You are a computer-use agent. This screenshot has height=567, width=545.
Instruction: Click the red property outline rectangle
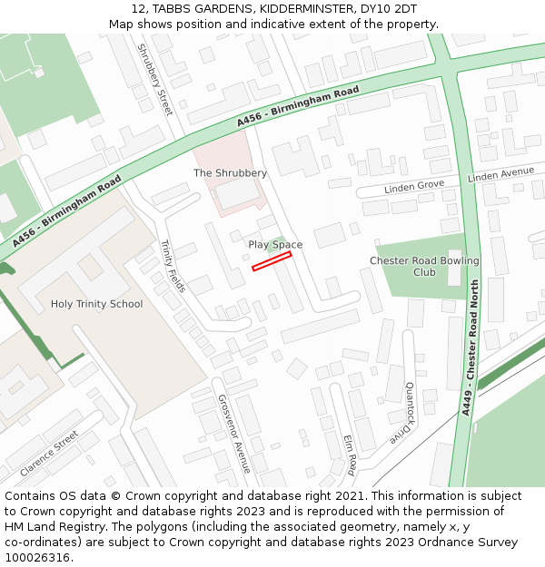[272, 261]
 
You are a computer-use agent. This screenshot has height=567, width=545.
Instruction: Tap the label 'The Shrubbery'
[230, 172]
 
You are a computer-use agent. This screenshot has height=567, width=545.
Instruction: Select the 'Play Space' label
[275, 245]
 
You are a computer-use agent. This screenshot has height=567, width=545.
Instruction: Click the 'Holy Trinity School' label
[96, 304]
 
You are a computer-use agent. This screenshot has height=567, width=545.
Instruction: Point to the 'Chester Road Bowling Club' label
[424, 267]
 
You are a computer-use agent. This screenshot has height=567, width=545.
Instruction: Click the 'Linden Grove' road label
[414, 186]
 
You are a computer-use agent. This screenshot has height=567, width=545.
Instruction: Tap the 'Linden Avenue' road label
[500, 174]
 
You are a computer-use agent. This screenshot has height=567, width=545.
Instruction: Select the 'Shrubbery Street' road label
[154, 79]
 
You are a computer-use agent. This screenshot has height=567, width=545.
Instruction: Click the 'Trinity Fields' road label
[173, 266]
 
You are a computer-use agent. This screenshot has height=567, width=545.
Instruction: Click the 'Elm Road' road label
[351, 455]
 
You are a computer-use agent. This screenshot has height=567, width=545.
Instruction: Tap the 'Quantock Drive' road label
[401, 412]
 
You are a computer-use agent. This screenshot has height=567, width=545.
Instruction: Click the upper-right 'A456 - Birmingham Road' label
[298, 106]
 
